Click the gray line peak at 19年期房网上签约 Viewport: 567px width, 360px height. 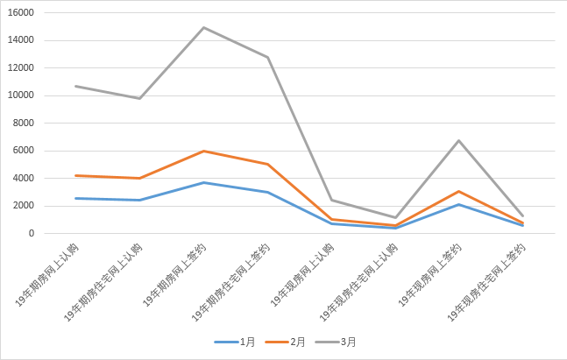[203, 27]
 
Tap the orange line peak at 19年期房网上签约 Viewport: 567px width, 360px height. [203, 151]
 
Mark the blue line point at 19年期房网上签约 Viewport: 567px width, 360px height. [203, 182]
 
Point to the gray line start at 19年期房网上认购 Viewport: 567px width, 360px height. [75, 86]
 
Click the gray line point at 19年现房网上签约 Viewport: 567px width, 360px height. [458, 140]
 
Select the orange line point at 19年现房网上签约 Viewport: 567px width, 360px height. [458, 191]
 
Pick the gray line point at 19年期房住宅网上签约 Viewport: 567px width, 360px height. [267, 57]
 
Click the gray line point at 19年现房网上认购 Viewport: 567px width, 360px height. [331, 200]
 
